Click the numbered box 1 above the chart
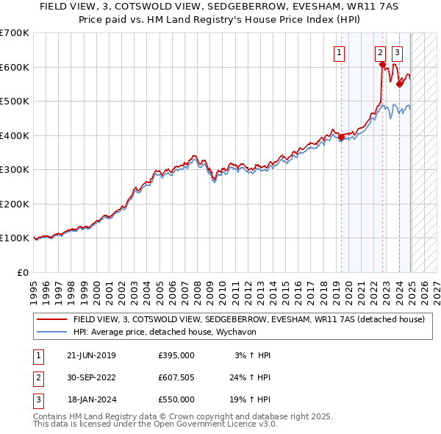tap(340, 52)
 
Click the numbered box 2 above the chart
tap(381, 52)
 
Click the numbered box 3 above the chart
tap(397, 52)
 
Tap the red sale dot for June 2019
tap(341, 137)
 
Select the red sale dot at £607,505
tap(383, 65)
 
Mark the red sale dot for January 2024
tap(399, 84)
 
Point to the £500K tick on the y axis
tap(15, 101)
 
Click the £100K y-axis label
tap(15, 238)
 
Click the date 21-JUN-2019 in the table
tap(91, 355)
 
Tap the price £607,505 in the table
tap(176, 377)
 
